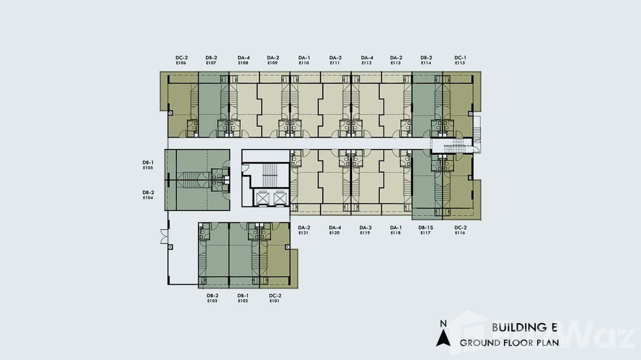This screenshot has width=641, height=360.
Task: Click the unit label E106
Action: tap(181, 63)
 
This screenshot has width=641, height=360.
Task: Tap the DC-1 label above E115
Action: tap(460, 57)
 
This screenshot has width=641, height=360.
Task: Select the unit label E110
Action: tap(304, 63)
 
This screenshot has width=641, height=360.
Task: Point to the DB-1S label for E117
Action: tap(426, 228)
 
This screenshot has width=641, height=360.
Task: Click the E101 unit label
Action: tap(275, 301)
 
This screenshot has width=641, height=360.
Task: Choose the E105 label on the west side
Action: tap(148, 168)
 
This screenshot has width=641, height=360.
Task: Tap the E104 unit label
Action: tap(148, 198)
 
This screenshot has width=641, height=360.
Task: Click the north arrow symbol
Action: tap(443, 338)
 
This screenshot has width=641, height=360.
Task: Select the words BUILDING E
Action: tap(524, 328)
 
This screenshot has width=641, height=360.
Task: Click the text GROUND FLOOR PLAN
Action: tap(509, 343)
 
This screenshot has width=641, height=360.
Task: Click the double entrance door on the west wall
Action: tap(164, 236)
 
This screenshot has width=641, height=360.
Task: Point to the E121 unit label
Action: tap(303, 233)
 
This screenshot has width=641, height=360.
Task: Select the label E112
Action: tap(366, 63)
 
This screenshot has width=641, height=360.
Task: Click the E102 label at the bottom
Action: tap(243, 301)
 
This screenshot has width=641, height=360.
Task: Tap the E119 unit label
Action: tap(365, 233)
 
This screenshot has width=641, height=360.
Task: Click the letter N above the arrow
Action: tap(443, 324)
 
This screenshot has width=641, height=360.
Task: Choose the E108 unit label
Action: tap(243, 63)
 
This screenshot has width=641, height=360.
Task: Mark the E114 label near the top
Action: tap(426, 63)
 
